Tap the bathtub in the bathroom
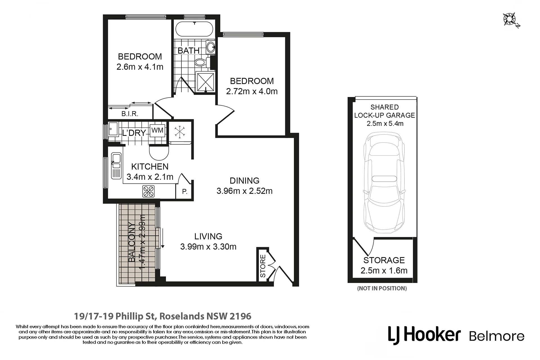[194, 29]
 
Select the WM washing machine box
[157, 130]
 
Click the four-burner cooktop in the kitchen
[148, 191]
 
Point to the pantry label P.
[185, 192]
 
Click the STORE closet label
[263, 266]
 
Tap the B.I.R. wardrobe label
[130, 114]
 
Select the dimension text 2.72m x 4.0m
[252, 91]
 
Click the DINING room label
[245, 181]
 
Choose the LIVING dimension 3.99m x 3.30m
[208, 247]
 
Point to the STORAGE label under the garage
[384, 260]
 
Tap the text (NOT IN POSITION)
[382, 288]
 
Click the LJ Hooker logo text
[424, 335]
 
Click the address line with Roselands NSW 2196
[163, 316]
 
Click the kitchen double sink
[116, 166]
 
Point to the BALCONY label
[132, 242]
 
